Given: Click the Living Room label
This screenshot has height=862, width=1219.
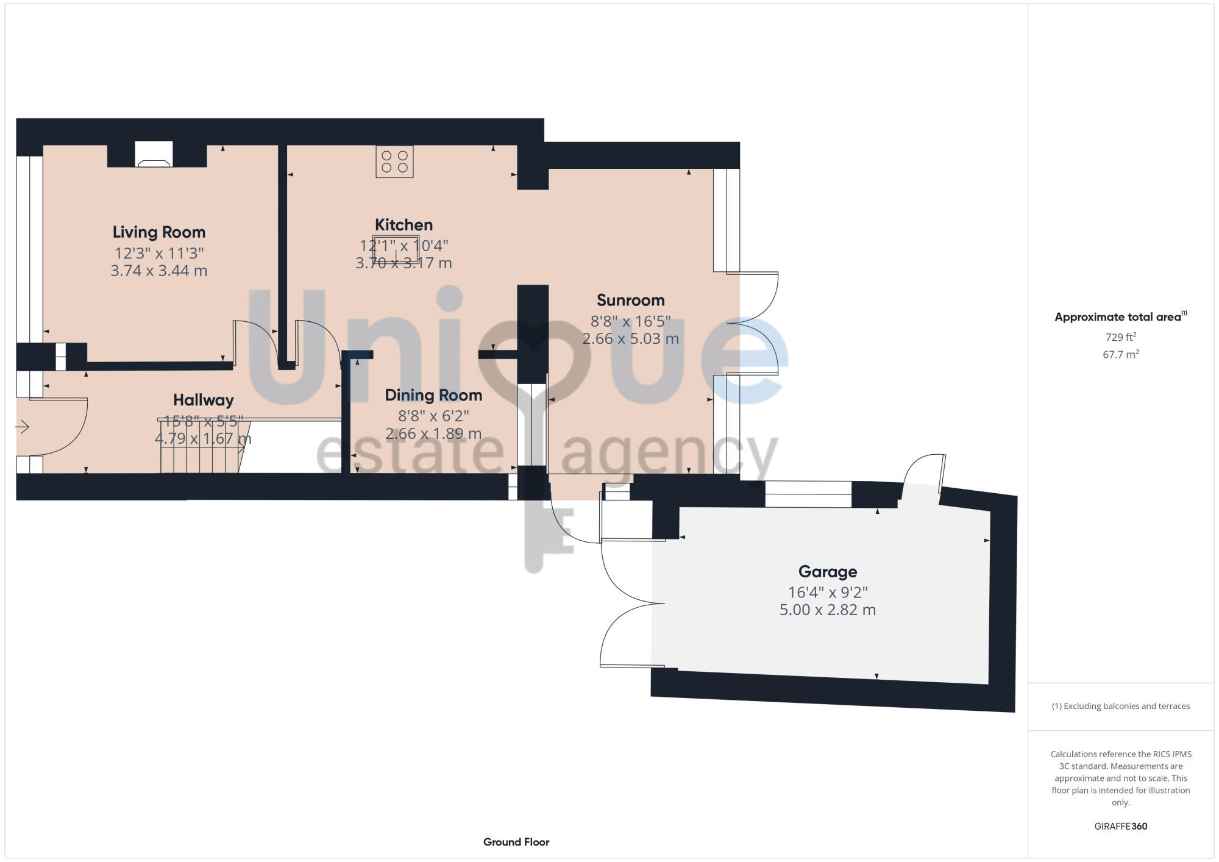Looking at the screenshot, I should tap(159, 232).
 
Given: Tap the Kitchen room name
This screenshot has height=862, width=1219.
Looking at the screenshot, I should tap(403, 225).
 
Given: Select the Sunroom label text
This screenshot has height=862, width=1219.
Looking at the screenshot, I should tap(630, 300).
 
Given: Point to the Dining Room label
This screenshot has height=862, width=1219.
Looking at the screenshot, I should tap(433, 395).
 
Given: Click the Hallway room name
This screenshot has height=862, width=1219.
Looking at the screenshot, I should tap(203, 400).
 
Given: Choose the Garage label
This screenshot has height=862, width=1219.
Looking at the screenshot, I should tap(828, 571).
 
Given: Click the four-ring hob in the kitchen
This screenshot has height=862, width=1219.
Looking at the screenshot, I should tap(394, 162).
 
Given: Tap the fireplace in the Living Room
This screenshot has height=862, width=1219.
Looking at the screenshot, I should tap(154, 155).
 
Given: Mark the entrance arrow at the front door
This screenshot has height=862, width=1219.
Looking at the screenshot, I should tap(23, 427).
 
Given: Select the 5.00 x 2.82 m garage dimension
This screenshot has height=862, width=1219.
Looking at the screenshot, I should tap(828, 610).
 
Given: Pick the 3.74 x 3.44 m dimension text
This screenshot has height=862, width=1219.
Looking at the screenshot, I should tap(159, 271).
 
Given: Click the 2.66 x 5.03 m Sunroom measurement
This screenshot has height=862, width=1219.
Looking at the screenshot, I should tap(630, 338).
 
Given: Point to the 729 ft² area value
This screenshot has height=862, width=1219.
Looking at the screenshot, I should tap(1120, 337).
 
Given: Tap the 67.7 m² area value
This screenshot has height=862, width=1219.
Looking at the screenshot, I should tap(1120, 354).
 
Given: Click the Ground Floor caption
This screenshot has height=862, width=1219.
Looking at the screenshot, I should tap(516, 842).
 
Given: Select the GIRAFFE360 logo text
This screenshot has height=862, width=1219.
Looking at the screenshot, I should tap(1120, 827).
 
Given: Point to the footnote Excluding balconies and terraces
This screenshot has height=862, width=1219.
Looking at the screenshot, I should tap(1120, 706).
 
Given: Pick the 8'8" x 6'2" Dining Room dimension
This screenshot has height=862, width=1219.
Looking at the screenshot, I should tap(433, 416).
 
